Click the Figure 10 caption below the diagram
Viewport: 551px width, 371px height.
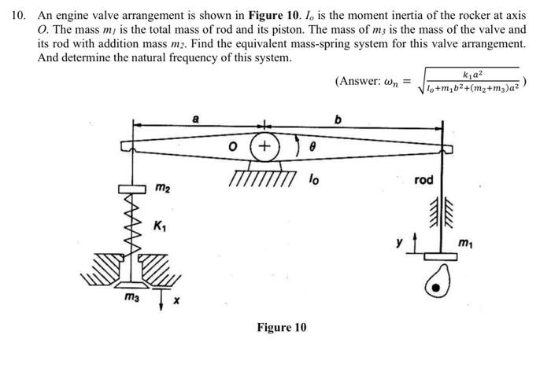(x=281, y=327)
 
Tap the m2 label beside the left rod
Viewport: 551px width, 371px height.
(x=161, y=188)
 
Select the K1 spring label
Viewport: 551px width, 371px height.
(x=161, y=228)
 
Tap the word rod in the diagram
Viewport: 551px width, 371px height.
(x=423, y=181)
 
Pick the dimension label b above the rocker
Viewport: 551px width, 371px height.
(x=339, y=119)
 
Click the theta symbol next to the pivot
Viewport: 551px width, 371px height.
(x=312, y=146)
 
